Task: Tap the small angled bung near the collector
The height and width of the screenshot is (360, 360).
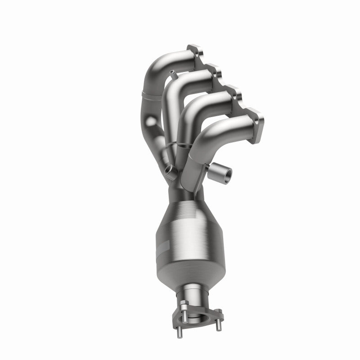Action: (x=169, y=169)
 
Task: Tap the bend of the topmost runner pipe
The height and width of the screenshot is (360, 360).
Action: (x=157, y=63)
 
